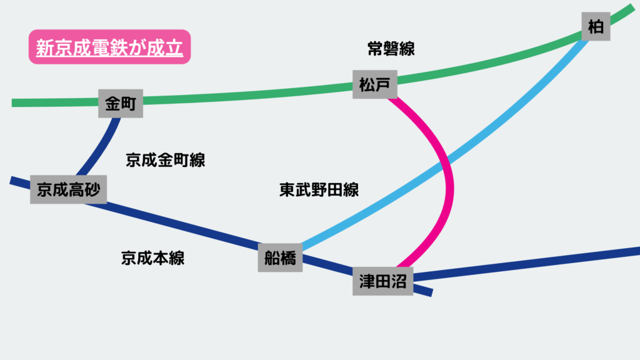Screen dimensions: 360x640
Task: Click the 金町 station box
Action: [x=121, y=102]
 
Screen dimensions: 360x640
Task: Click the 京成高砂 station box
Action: [x=68, y=189]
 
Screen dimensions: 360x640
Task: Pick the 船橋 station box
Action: [x=280, y=257]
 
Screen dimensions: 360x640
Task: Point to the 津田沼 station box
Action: [x=382, y=281]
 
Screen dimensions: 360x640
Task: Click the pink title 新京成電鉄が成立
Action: [x=109, y=47]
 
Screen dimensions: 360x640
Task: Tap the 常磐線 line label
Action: [x=392, y=49]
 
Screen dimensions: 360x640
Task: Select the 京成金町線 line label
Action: [x=165, y=160]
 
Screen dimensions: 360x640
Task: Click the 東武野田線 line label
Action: [x=319, y=190]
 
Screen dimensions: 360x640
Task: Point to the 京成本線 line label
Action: [x=153, y=257]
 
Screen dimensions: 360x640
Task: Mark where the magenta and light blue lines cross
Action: [x=445, y=165]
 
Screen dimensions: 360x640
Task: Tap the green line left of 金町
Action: [x=56, y=102]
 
